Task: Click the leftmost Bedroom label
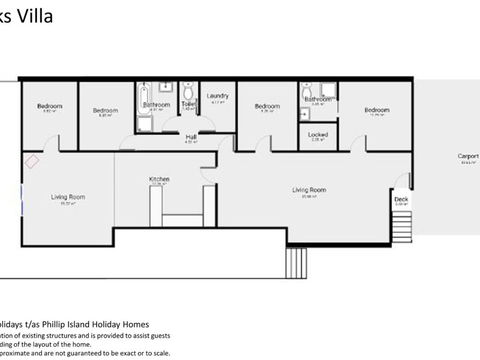pyautogui.click(x=50, y=106)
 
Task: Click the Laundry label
pyautogui.click(x=218, y=96)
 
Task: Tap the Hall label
pyautogui.click(x=190, y=136)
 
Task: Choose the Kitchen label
pyautogui.click(x=159, y=179)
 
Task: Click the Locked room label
pyautogui.click(x=318, y=133)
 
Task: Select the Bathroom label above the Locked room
pyautogui.click(x=318, y=99)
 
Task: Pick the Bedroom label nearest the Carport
pyautogui.click(x=376, y=109)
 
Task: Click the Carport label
pyautogui.click(x=468, y=156)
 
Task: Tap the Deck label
pyautogui.click(x=401, y=199)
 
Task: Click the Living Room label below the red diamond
pyautogui.click(x=69, y=197)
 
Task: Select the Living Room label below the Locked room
pyautogui.click(x=309, y=189)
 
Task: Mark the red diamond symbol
pyautogui.click(x=33, y=159)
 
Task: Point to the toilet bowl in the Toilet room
pyautogui.click(x=188, y=91)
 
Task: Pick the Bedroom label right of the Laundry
pyautogui.click(x=267, y=106)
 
